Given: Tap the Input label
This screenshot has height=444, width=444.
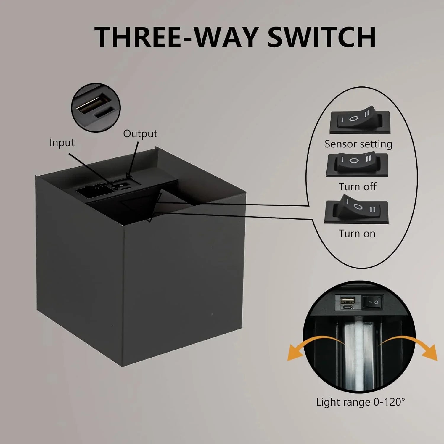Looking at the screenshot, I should pos(62,143).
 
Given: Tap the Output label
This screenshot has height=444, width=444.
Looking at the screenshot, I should pos(140,134).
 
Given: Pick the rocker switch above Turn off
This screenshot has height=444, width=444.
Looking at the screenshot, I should pos(357,165).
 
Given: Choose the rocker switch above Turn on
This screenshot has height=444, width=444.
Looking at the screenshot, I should pos(356,210).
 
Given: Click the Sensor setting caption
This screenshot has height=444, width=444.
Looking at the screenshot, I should pos(358,144).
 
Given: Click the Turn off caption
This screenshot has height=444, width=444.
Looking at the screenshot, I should pos(357,187).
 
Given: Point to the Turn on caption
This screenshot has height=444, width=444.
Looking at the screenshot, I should pos(357,234).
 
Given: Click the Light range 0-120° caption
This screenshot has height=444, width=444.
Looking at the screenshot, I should pos(360,402).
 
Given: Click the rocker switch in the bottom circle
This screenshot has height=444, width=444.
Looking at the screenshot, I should pos(372,302).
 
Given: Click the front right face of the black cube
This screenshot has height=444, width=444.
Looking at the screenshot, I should pos(184,281).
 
